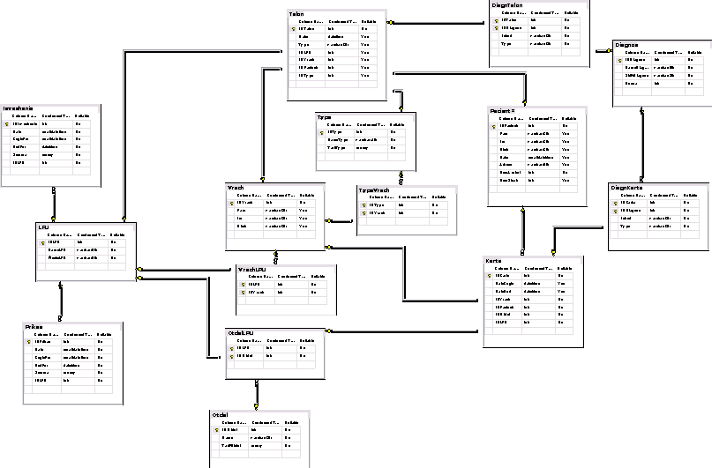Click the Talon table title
297,14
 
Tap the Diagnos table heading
626,43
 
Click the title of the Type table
324,116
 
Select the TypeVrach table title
374,189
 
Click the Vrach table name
236,187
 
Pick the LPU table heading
42,227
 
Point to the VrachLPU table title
253,269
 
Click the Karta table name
494,261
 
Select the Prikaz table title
35,326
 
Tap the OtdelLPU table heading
242,332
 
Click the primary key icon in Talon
294,29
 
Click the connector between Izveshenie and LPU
54,204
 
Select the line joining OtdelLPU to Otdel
258,393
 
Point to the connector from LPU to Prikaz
61,303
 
